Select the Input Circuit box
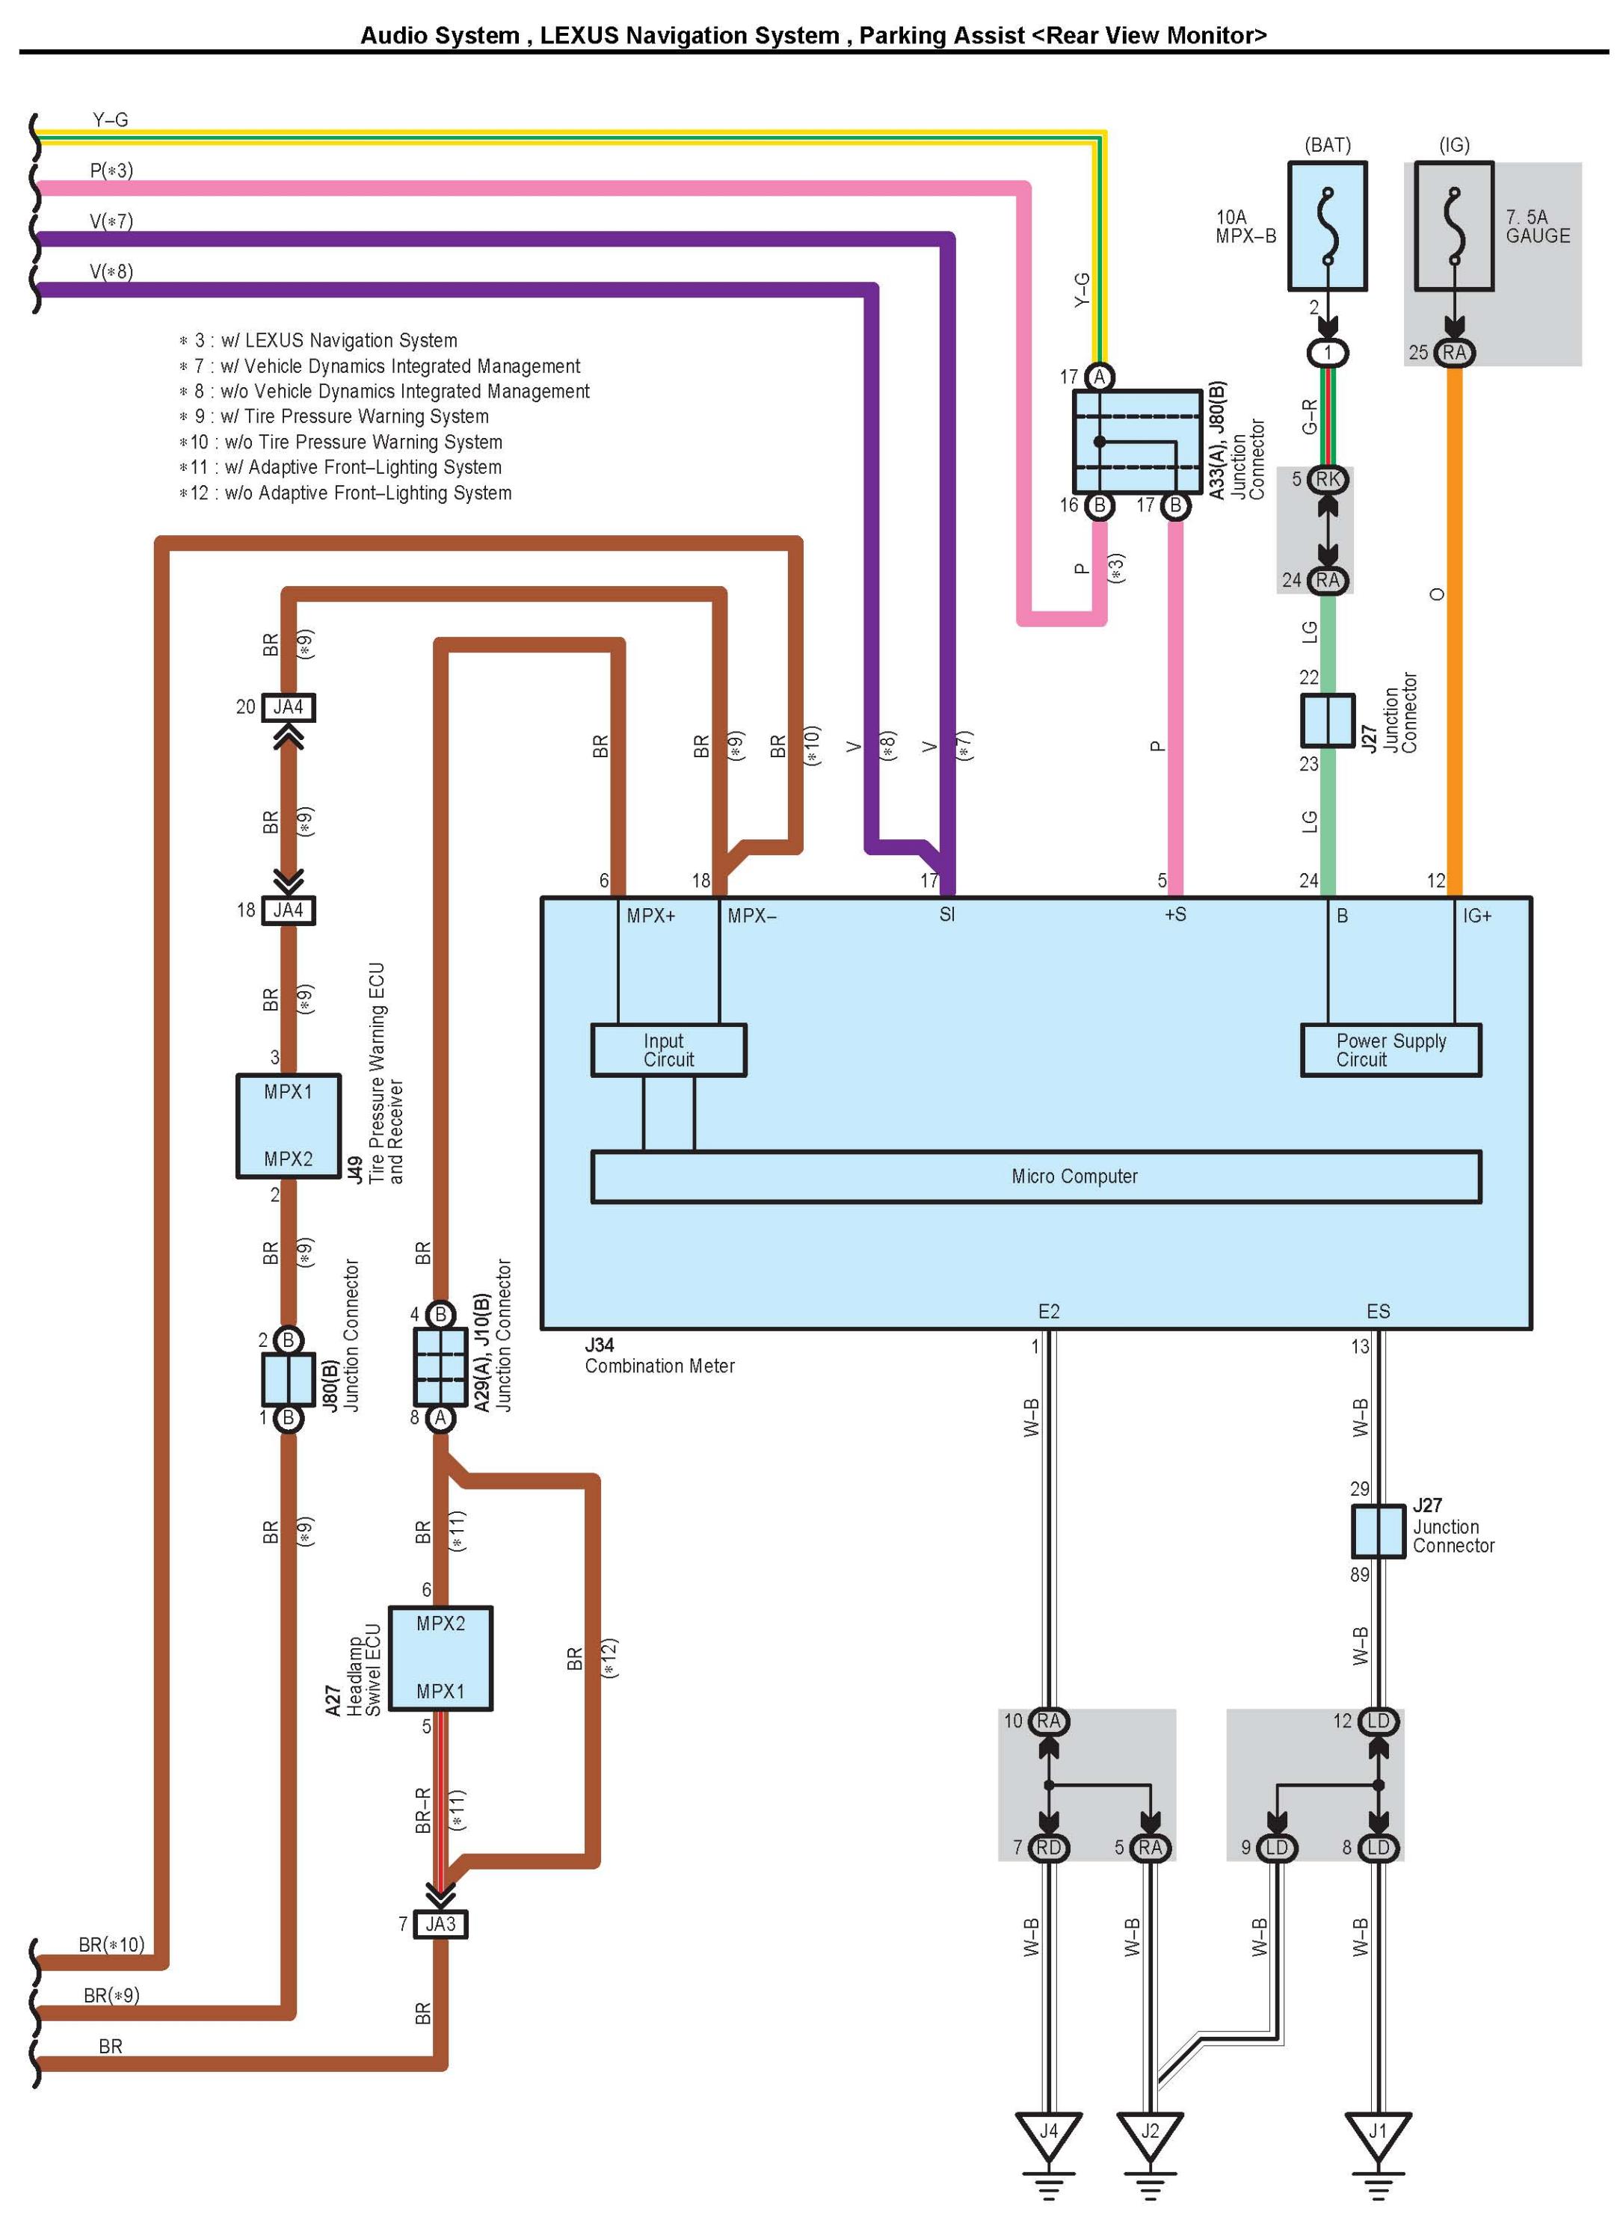(x=668, y=1050)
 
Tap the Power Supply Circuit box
(x=1391, y=1050)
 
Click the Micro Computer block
(x=1035, y=1176)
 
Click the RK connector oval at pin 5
(x=1327, y=479)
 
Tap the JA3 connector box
(x=440, y=1923)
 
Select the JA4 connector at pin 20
(x=288, y=707)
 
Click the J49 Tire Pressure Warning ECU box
(x=288, y=1126)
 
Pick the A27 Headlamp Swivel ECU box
(x=440, y=1658)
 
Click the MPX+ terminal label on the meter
(x=651, y=916)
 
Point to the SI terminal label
(x=947, y=914)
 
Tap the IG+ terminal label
(x=1476, y=916)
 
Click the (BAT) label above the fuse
(x=1327, y=145)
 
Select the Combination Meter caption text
(x=659, y=1366)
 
